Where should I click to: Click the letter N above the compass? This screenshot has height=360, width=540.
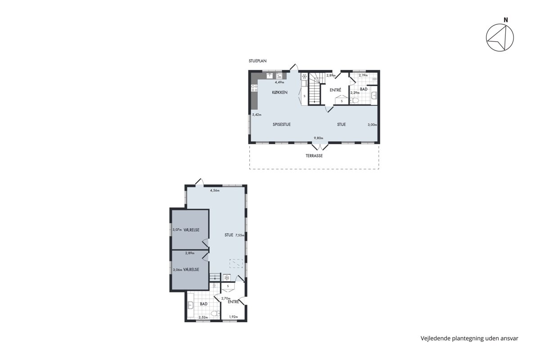coord(506,20)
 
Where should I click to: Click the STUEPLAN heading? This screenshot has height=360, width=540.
coord(257,61)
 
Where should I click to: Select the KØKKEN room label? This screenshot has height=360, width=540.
coord(279,92)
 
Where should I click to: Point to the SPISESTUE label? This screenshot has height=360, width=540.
coord(282,124)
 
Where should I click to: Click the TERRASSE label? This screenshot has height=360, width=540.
coord(314,156)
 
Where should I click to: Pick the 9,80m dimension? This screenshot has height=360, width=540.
coord(318,138)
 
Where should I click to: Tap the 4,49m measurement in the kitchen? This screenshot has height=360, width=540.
coord(279,82)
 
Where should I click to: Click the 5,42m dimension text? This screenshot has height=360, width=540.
coord(257,115)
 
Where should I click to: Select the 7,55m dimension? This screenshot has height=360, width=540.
coord(239,235)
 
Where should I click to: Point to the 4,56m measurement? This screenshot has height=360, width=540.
coord(215,190)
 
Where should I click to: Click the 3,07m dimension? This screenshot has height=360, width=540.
coord(177,230)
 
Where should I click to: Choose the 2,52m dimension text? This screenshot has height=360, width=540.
coord(203,317)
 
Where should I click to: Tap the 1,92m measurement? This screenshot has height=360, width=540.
coord(234,317)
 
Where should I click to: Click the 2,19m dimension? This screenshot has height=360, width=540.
coord(363,75)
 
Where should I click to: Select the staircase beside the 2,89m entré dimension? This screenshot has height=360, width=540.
coord(315,89)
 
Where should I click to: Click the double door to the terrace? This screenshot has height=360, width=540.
coord(320,147)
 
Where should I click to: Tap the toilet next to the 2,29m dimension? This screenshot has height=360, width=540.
coord(355,100)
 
